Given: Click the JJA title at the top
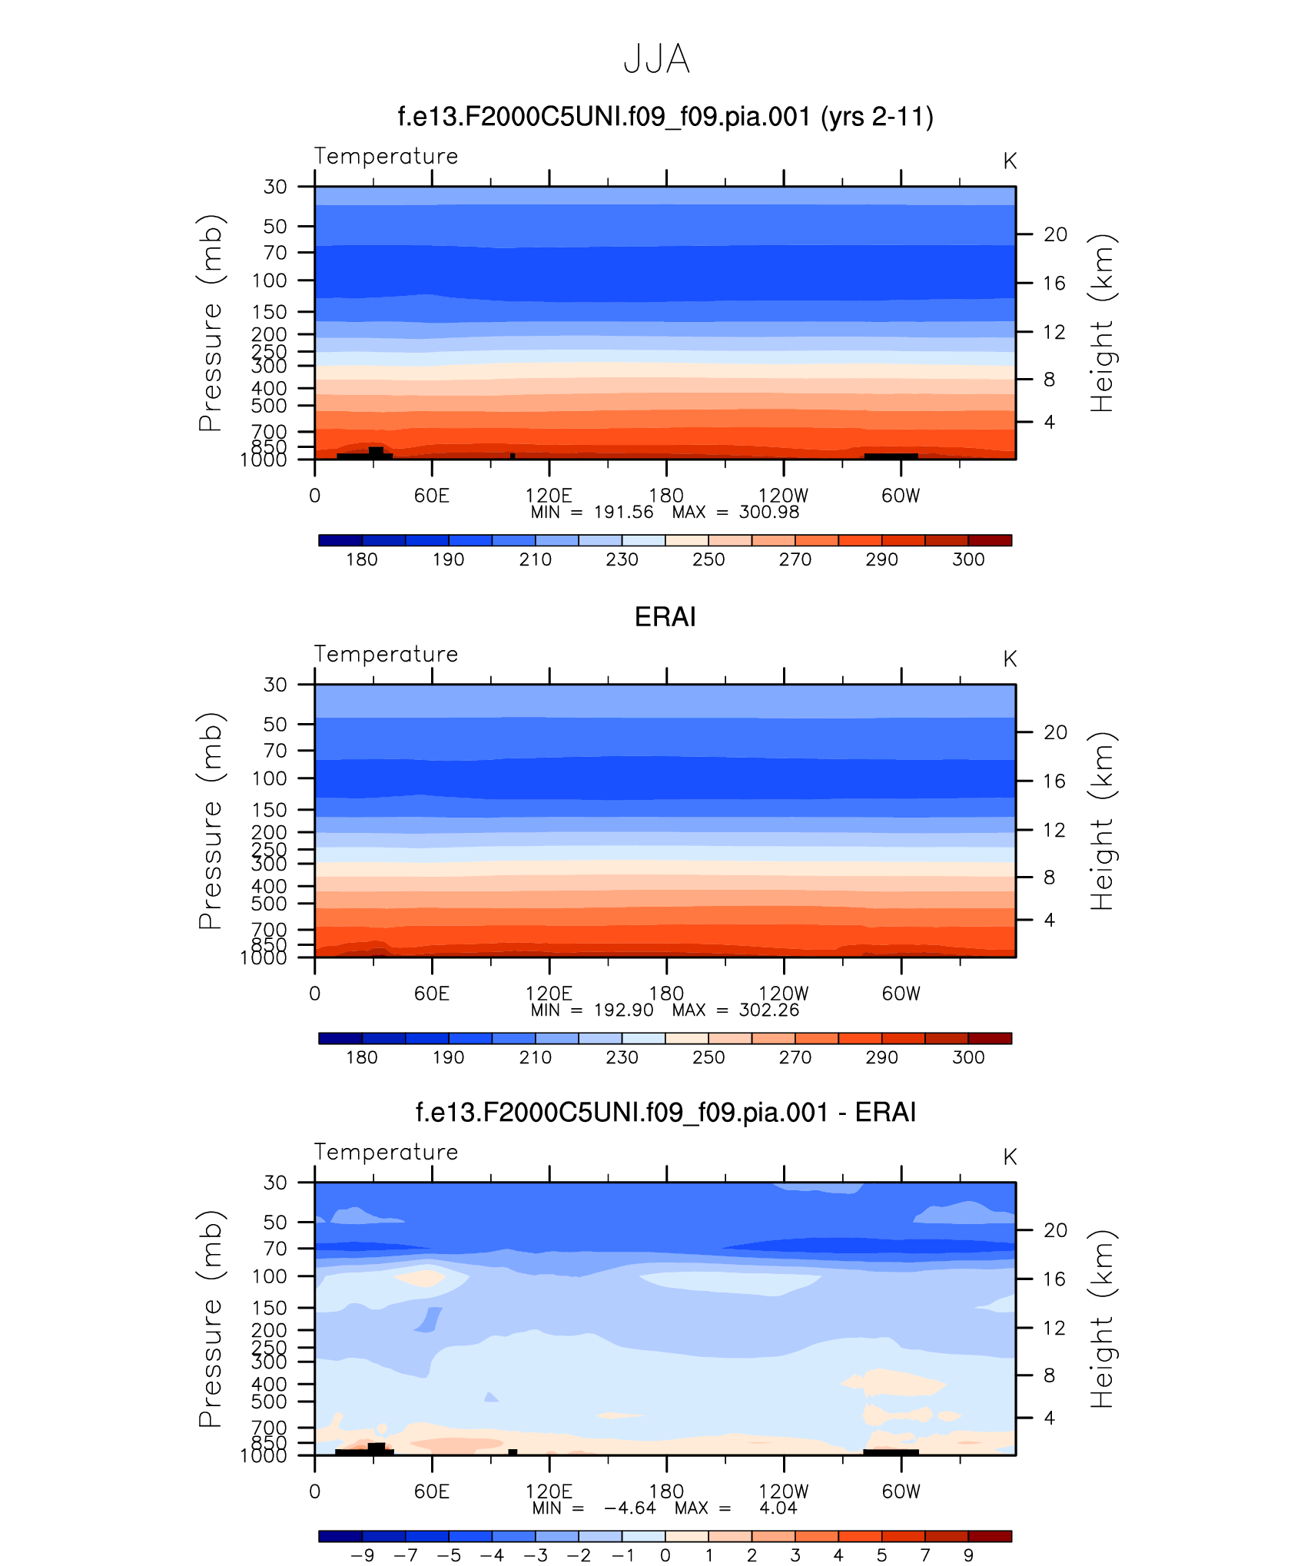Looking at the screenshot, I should (656, 59).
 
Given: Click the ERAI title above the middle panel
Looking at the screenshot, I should (665, 617).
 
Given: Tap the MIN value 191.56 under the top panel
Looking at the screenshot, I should (623, 513).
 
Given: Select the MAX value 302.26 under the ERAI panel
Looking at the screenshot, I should (768, 1010).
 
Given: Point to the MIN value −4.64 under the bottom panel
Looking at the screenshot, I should (630, 1508).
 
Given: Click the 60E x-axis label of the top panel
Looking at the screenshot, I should (431, 496).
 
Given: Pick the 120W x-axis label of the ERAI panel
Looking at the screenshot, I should (783, 994).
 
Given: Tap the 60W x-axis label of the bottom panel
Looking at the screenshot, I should (901, 1491).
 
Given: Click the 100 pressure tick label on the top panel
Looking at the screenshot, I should (269, 280).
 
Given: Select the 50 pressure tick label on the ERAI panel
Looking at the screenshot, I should (275, 724).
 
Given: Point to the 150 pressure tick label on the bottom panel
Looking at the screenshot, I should (269, 1308).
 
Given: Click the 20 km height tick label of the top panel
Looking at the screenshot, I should (1055, 234).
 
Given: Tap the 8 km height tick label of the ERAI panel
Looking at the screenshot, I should (1049, 878).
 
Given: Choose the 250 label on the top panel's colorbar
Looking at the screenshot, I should (708, 559).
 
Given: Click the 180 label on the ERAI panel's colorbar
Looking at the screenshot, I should (361, 1057).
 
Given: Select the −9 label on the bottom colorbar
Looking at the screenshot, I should (362, 1555).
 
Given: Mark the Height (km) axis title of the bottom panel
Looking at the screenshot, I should (1102, 1319).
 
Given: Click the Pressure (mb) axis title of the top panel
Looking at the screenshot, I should (211, 323).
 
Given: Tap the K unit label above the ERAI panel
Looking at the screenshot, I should (1010, 659).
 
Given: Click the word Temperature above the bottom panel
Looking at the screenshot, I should (386, 1152).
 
